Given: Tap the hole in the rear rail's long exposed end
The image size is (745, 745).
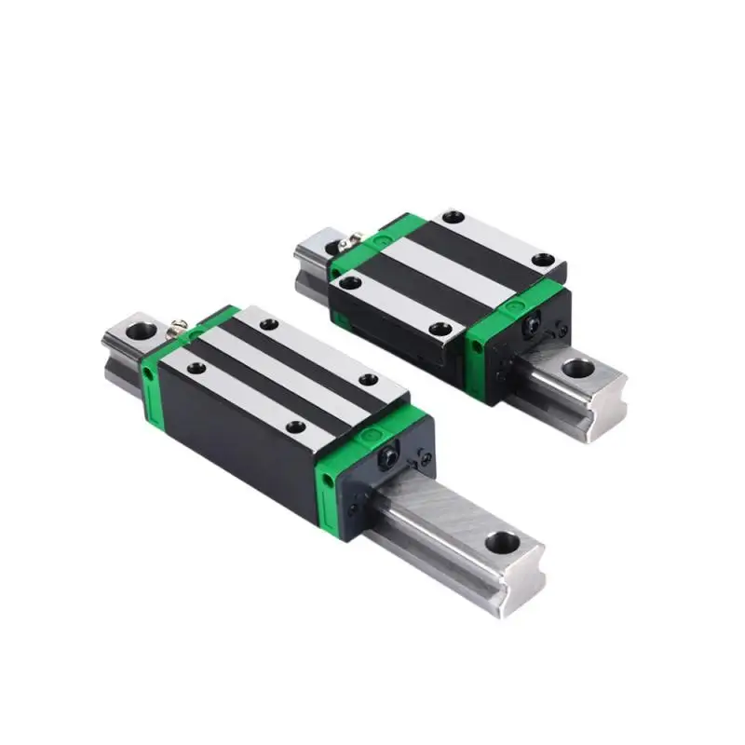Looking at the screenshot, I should pyautogui.click(x=576, y=368).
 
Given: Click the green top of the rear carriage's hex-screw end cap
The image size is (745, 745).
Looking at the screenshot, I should pyautogui.click(x=517, y=303).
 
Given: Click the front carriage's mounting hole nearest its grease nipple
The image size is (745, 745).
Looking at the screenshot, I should pyautogui.click(x=196, y=368).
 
